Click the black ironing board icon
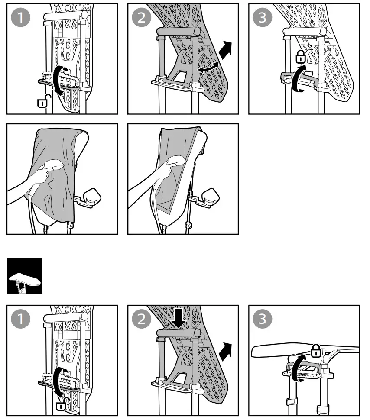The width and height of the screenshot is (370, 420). (x=25, y=276)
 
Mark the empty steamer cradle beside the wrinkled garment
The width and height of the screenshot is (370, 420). (x=91, y=197)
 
